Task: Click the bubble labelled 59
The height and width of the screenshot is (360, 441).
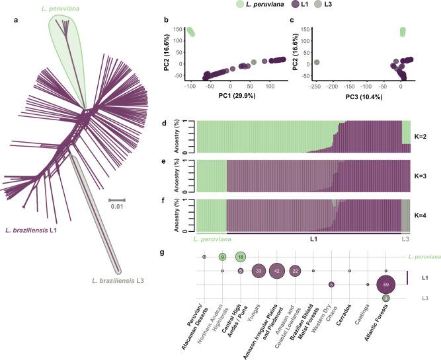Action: tap(385, 285)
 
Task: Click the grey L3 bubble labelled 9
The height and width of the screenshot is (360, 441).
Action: tap(385, 299)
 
